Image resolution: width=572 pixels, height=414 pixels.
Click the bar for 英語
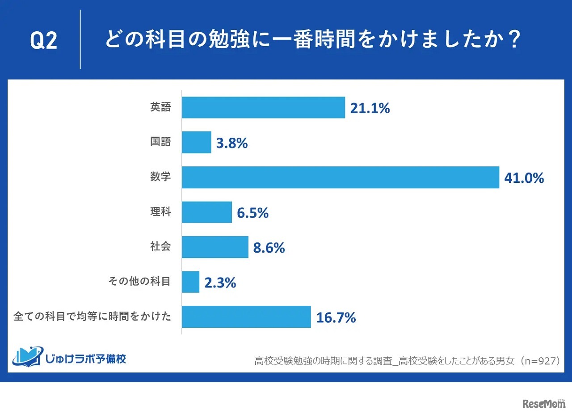click(263, 108)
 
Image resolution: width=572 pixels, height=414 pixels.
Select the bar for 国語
click(197, 143)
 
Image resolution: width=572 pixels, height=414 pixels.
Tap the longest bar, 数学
click(340, 177)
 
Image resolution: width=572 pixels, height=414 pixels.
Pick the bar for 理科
click(207, 212)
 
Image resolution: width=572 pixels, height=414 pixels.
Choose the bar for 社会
click(215, 247)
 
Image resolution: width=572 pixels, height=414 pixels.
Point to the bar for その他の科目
click(191, 282)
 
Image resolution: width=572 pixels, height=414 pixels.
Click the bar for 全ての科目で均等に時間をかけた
click(246, 317)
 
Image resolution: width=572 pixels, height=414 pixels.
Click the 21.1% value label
click(370, 108)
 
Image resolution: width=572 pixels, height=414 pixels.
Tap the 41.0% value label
click(524, 178)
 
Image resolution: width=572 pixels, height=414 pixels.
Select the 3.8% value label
click(232, 143)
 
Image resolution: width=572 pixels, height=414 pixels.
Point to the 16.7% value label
click(336, 317)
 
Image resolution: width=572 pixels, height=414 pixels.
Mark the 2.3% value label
click(220, 283)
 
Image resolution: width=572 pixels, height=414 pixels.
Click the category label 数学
click(160, 177)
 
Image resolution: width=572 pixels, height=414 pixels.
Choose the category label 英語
click(160, 107)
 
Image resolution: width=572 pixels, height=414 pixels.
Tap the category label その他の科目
click(140, 282)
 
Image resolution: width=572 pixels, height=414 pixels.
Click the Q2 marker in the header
click(43, 41)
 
